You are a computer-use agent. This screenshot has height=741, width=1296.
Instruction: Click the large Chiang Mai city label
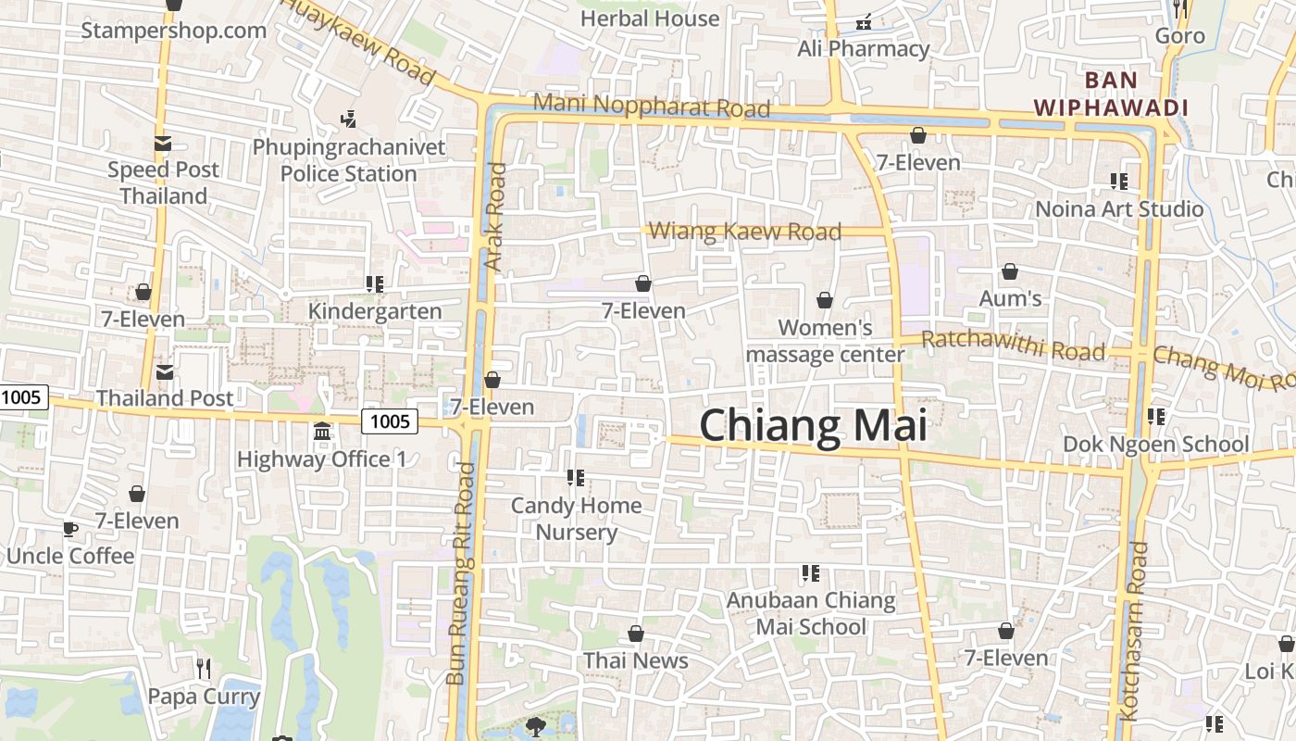click(813, 426)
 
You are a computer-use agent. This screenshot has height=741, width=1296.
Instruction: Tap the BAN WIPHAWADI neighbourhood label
click(1111, 94)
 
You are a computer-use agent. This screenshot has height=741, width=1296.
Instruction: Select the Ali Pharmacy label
click(863, 49)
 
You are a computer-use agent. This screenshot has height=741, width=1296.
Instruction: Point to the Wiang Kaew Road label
click(745, 231)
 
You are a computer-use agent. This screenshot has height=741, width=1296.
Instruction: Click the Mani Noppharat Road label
click(652, 106)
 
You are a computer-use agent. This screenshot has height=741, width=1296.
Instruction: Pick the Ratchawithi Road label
click(1013, 345)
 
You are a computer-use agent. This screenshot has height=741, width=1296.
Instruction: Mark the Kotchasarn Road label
click(1132, 630)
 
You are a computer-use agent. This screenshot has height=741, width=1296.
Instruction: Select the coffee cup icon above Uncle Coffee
click(69, 529)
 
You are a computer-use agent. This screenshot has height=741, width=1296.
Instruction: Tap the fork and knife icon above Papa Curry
click(204, 667)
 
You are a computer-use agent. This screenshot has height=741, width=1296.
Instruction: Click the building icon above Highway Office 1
click(322, 431)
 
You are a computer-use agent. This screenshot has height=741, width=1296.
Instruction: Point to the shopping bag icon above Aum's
click(1010, 271)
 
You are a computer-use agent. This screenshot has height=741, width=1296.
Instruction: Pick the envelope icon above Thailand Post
click(165, 371)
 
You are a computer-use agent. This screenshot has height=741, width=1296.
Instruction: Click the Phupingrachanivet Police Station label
click(348, 160)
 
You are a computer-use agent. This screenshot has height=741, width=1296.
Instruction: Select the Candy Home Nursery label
click(576, 519)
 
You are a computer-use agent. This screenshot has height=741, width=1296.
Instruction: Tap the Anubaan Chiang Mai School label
click(811, 613)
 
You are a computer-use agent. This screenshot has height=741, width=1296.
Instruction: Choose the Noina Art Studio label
click(1118, 208)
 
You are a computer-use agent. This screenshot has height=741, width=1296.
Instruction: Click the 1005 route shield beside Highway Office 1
click(390, 421)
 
